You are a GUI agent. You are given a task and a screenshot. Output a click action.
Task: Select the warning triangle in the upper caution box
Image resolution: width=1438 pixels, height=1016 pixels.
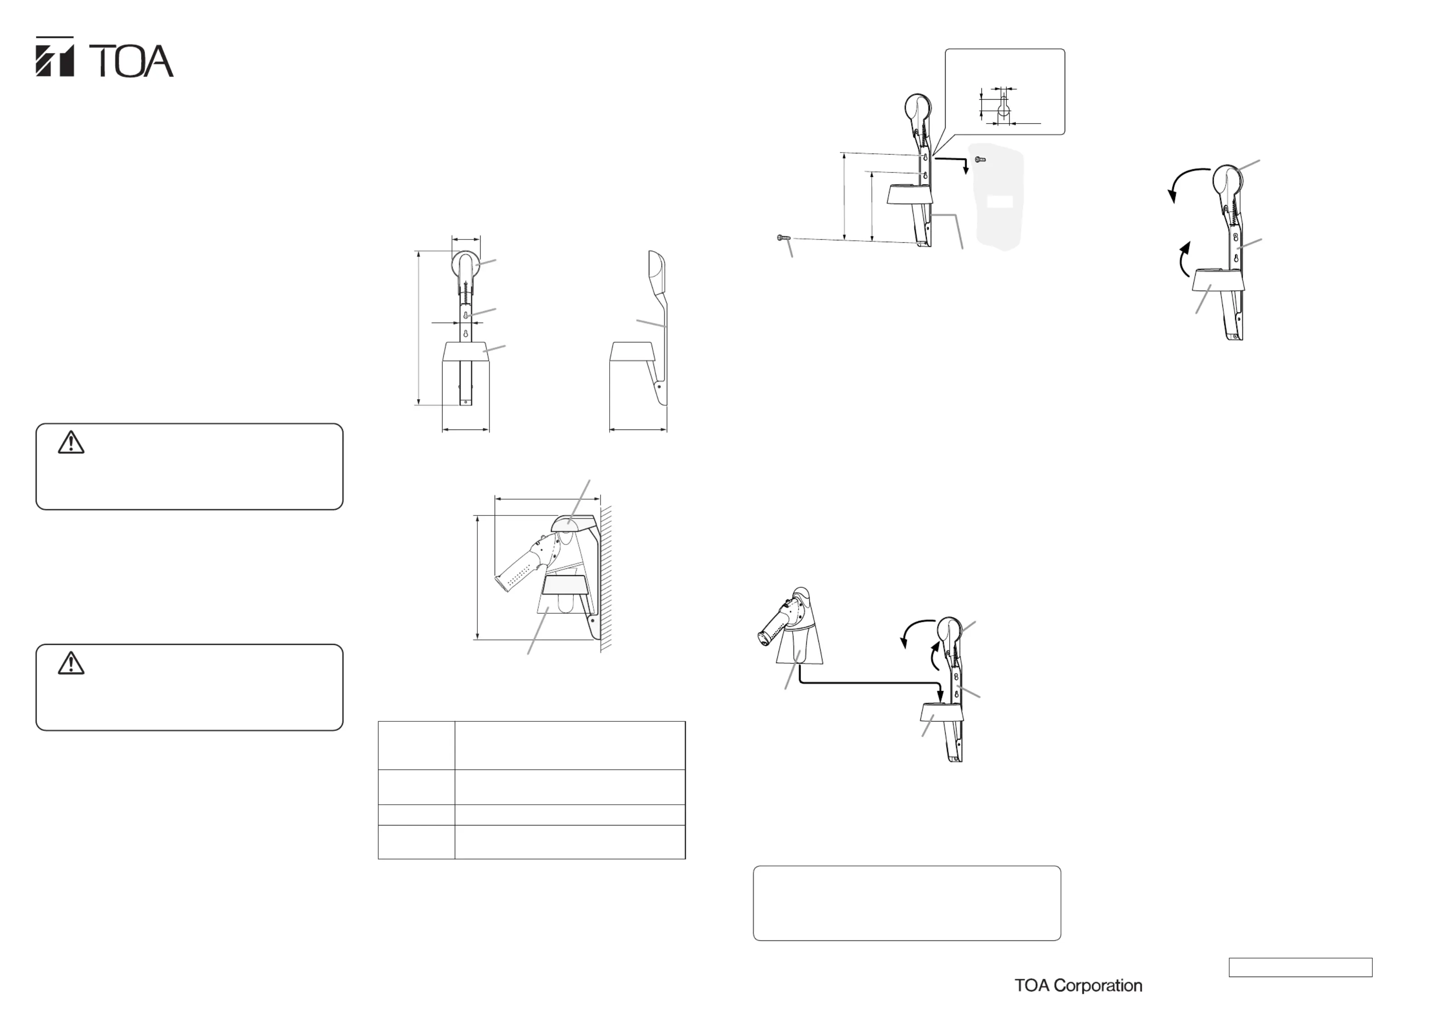tap(71, 442)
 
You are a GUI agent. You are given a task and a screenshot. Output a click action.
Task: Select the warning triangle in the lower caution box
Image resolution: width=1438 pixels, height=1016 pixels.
tap(71, 663)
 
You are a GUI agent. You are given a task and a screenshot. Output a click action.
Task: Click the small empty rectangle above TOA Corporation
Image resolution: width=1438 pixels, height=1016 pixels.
tap(1300, 967)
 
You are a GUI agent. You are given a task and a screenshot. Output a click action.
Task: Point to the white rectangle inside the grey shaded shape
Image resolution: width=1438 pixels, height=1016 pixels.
tap(1000, 201)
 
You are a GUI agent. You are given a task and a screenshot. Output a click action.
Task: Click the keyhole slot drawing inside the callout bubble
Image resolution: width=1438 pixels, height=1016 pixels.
tap(1003, 108)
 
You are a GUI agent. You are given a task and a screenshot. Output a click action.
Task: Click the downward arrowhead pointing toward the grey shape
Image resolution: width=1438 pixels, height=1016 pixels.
tap(966, 170)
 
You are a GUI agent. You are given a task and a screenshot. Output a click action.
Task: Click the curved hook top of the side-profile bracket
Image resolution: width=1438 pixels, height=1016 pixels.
tap(656, 269)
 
